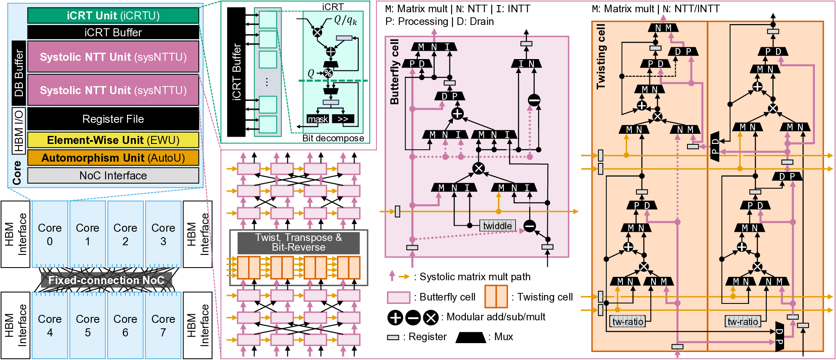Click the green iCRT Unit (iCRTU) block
113,16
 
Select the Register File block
113,119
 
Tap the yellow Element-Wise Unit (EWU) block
113,140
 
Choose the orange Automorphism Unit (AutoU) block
113,158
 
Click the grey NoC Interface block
113,176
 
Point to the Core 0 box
50,234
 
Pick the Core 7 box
163,325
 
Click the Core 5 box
87,325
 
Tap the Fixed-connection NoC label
106,280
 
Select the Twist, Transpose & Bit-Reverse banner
298,243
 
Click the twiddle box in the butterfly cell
498,226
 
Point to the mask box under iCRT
318,119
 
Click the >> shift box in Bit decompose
343,119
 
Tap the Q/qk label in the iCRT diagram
345,20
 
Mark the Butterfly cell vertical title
395,72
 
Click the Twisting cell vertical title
601,57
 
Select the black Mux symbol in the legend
471,337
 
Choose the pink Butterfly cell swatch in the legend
398,298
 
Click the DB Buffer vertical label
19,73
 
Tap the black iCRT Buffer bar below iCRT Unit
113,32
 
